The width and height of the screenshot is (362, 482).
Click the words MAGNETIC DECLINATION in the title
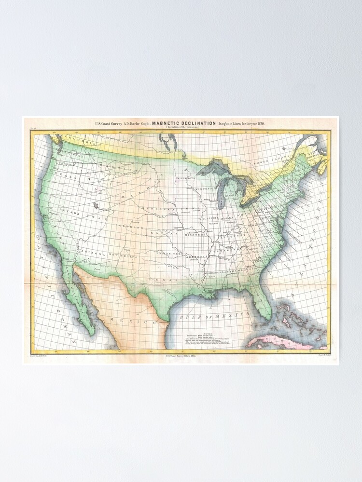(x=184, y=123)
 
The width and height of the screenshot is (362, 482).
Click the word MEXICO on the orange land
(x=135, y=320)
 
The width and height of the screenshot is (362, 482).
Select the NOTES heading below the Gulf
(x=202, y=332)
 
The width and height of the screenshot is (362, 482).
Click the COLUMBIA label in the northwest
(x=79, y=141)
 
